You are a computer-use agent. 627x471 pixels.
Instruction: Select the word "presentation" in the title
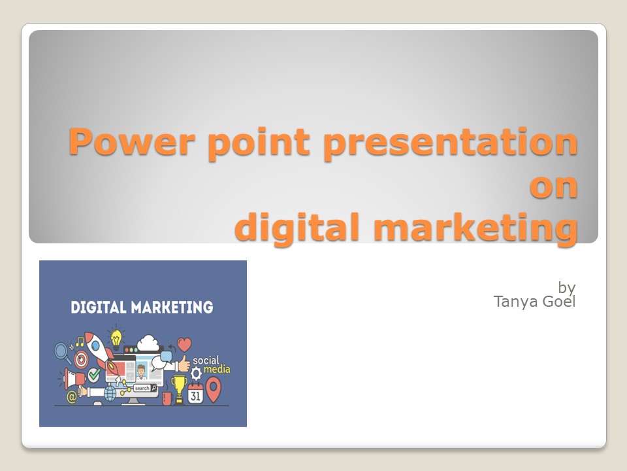pyautogui.click(x=450, y=143)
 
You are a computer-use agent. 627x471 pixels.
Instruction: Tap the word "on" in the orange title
pyautogui.click(x=553, y=186)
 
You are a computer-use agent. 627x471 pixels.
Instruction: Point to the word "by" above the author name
pyautogui.click(x=566, y=287)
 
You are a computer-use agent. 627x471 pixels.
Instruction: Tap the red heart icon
pyautogui.click(x=185, y=344)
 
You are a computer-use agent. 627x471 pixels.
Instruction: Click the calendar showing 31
pyautogui.click(x=195, y=392)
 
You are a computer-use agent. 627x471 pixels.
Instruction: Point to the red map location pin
pyautogui.click(x=213, y=389)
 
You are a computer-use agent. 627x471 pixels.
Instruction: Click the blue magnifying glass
pyautogui.click(x=63, y=353)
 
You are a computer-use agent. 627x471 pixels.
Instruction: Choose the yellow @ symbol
pyautogui.click(x=71, y=396)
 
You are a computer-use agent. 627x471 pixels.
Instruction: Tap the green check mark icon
pyautogui.click(x=94, y=375)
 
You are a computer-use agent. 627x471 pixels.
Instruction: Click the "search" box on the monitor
pyautogui.click(x=144, y=388)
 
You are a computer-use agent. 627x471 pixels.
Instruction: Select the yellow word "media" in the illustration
pyautogui.click(x=217, y=370)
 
